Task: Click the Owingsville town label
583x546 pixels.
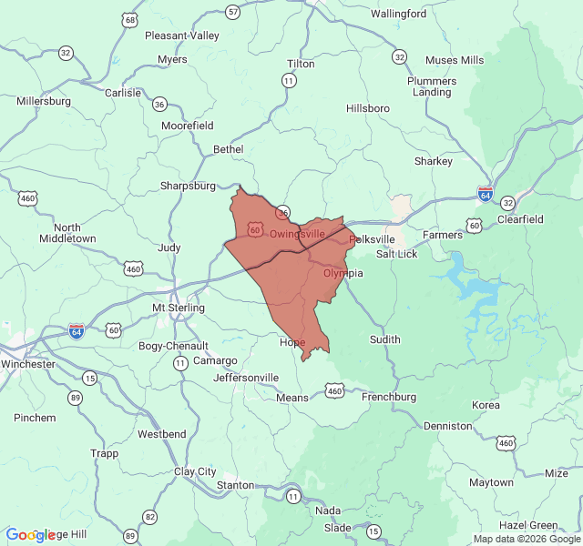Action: [x=297, y=234]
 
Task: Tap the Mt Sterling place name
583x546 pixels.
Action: [x=175, y=308]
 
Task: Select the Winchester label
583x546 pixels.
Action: [x=27, y=364]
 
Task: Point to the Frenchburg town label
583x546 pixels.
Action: [x=389, y=397]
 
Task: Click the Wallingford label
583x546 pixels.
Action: [x=398, y=14]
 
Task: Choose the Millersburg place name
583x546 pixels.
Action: [x=44, y=101]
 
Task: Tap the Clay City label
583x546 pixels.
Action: [x=195, y=471]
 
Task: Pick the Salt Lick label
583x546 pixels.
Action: [x=397, y=254]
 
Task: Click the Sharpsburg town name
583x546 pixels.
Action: [x=188, y=186]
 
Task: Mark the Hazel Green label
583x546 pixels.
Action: [x=528, y=525]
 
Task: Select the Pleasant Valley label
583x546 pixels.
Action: [x=182, y=35]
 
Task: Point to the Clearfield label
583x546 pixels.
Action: [x=520, y=219]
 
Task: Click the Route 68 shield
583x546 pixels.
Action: [x=132, y=19]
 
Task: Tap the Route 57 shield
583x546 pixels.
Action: [x=233, y=12]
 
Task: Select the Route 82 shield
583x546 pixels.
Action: [x=148, y=516]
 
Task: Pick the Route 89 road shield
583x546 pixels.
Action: [x=75, y=398]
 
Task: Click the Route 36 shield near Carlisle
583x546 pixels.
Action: [x=159, y=104]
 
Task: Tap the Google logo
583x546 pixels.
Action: [x=32, y=536]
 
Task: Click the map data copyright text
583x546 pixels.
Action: [x=526, y=539]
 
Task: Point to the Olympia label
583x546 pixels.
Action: [x=343, y=273]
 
